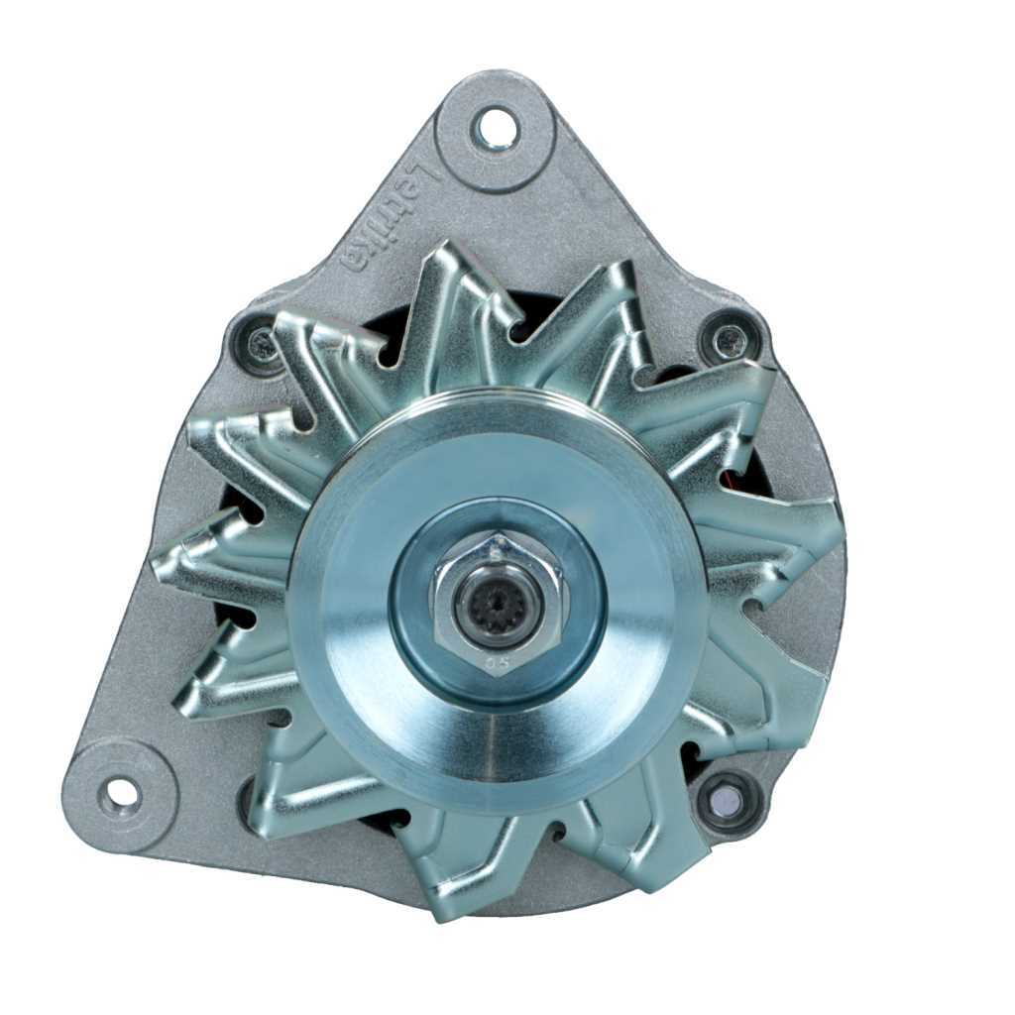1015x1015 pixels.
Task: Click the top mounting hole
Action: (x=494, y=128)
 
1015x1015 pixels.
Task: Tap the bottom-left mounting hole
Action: (x=121, y=794)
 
